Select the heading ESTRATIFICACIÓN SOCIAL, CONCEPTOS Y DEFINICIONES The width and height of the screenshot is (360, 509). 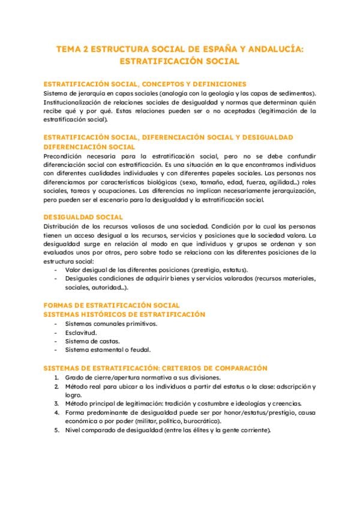click(145, 85)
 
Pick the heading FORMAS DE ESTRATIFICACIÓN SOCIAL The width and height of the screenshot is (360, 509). click(112, 306)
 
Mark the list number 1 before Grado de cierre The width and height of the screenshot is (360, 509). click(55, 378)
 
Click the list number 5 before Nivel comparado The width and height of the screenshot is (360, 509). click(55, 430)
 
